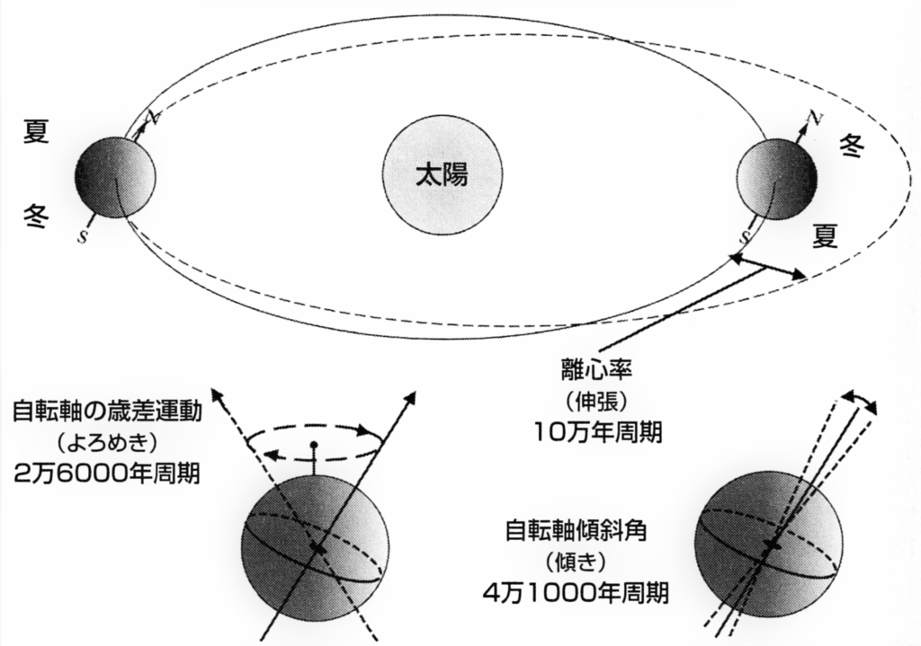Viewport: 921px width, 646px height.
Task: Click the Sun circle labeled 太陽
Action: click(442, 176)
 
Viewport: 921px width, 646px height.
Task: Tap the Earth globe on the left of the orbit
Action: click(115, 177)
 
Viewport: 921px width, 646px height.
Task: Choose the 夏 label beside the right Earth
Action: click(826, 236)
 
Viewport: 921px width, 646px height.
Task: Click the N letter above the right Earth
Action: click(813, 119)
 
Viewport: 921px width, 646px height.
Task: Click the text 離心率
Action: click(596, 370)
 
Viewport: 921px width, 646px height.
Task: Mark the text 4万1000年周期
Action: click(576, 594)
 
